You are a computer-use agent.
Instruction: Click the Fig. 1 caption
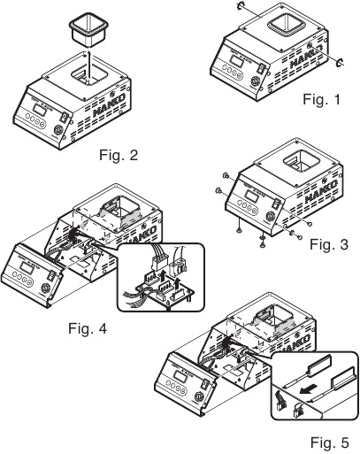322,99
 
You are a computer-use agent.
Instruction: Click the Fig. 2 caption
119,155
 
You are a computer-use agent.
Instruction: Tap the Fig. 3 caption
329,244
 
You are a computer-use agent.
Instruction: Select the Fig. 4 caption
88,328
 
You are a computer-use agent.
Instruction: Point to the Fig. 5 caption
330,442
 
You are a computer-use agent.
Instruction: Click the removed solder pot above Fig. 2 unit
88,29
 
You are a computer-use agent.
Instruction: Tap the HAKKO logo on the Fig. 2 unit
109,104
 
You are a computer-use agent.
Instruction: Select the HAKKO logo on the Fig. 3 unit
321,191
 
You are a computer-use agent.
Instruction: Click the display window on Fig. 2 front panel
40,111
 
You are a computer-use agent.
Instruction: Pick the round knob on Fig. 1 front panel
254,81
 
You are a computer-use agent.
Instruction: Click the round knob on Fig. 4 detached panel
45,288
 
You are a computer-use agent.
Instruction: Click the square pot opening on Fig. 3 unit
301,162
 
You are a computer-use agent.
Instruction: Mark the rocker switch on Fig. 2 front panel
64,118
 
